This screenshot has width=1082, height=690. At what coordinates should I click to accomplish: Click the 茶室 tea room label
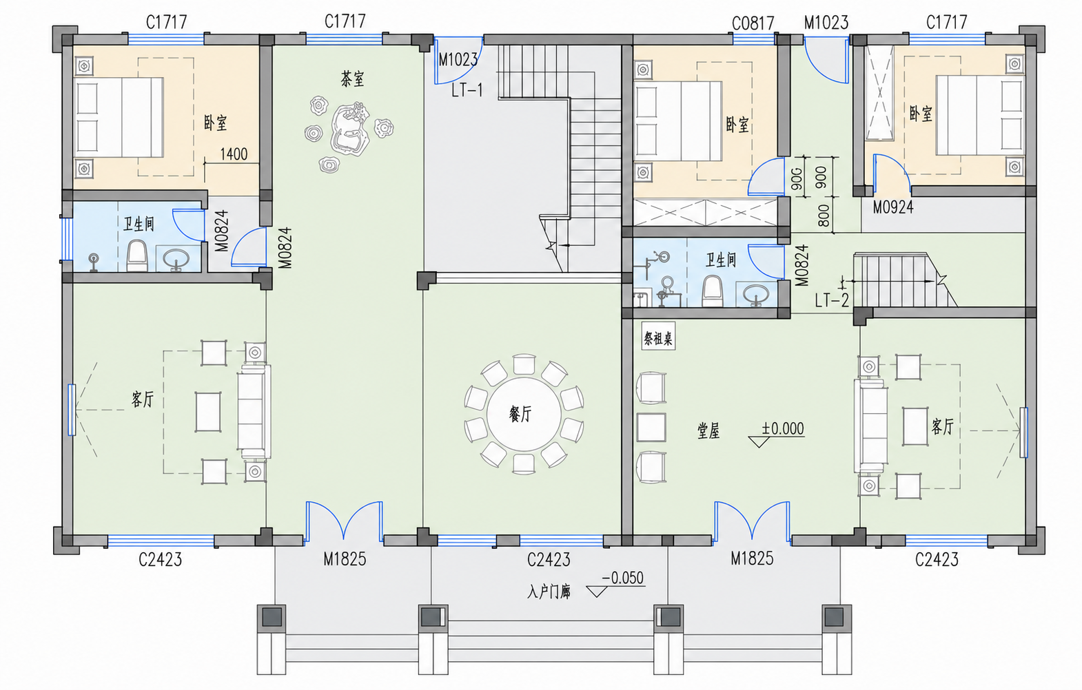(352, 79)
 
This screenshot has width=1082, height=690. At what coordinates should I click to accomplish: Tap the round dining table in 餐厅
(524, 414)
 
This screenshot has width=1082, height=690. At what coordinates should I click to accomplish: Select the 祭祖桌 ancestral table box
(658, 338)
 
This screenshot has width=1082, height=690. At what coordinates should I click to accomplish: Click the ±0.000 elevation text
(782, 428)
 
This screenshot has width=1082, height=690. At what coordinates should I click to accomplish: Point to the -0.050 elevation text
(622, 578)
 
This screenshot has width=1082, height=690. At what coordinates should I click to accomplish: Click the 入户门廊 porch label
(549, 592)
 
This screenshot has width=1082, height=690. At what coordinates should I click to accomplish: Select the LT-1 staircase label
(467, 90)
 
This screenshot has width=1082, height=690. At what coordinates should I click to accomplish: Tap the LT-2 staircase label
(831, 301)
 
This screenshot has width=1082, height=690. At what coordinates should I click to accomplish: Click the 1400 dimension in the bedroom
(234, 154)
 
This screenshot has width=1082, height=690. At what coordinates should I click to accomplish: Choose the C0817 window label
(753, 23)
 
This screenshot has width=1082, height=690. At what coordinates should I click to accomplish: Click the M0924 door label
(893, 207)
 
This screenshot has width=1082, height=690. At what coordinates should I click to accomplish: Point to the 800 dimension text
(824, 216)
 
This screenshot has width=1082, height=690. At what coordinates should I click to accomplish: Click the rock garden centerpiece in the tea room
(349, 129)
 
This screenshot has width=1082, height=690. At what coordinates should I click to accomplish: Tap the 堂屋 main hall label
(708, 431)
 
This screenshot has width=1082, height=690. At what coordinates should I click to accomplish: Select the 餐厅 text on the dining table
(520, 413)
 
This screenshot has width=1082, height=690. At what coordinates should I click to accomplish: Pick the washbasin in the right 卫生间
(756, 294)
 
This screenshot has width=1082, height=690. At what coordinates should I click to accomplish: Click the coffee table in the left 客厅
(208, 412)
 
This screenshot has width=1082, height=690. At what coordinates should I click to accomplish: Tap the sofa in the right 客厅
(870, 426)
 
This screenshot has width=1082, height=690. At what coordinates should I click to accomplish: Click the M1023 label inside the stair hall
(458, 59)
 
